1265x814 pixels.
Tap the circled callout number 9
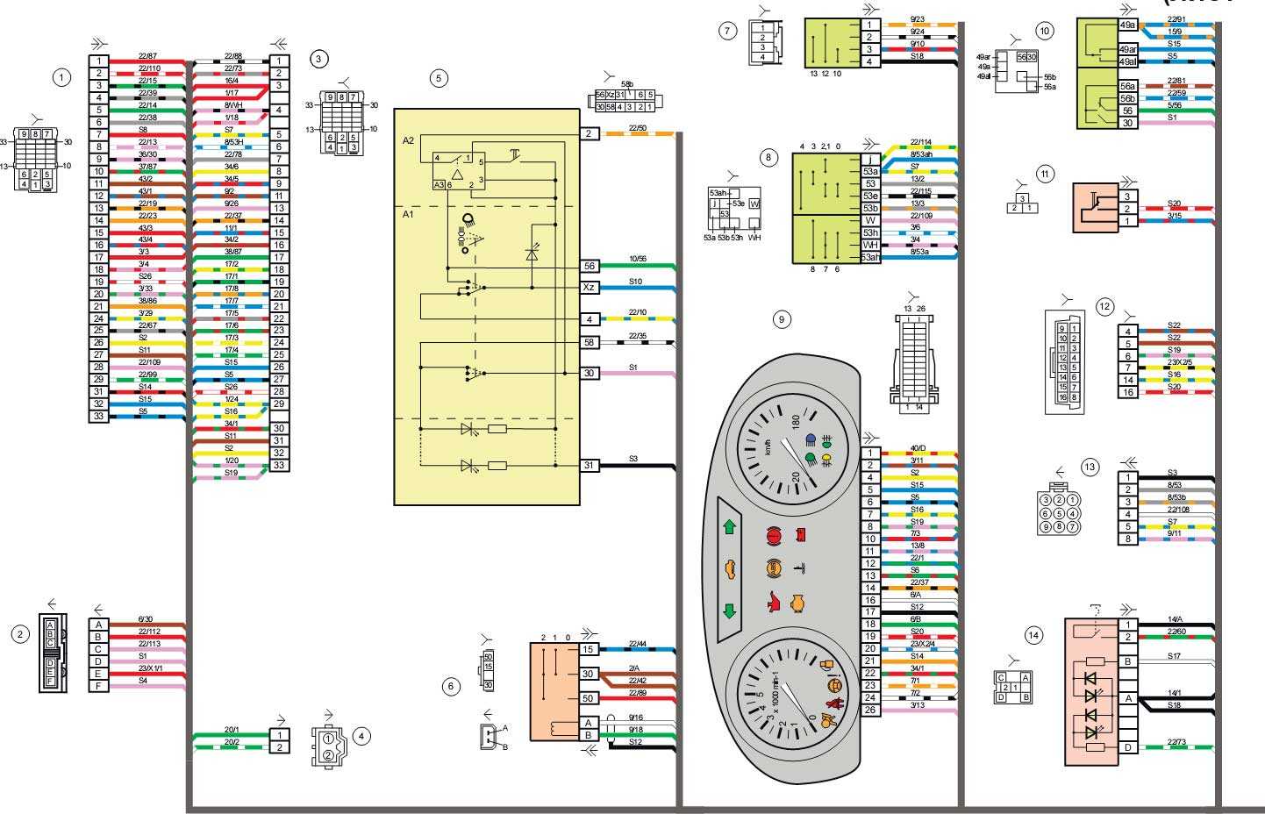pyautogui.click(x=781, y=319)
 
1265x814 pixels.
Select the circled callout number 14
pyautogui.click(x=1035, y=635)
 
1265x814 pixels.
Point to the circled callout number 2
pyautogui.click(x=21, y=635)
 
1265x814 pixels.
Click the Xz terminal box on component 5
pyautogui.click(x=589, y=287)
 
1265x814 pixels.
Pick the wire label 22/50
pyautogui.click(x=638, y=128)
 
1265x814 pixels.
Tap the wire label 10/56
pyautogui.click(x=638, y=260)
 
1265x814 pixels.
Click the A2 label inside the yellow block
pyautogui.click(x=408, y=140)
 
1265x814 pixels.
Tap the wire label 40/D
pyautogui.click(x=918, y=448)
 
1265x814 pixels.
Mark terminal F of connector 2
pyautogui.click(x=98, y=685)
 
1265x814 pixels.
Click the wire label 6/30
pyautogui.click(x=146, y=619)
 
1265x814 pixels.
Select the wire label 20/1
pyautogui.click(x=231, y=729)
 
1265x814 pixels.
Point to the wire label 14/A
pyautogui.click(x=1175, y=619)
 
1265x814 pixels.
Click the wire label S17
pyautogui.click(x=1175, y=656)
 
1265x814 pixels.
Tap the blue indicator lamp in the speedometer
pyautogui.click(x=811, y=440)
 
